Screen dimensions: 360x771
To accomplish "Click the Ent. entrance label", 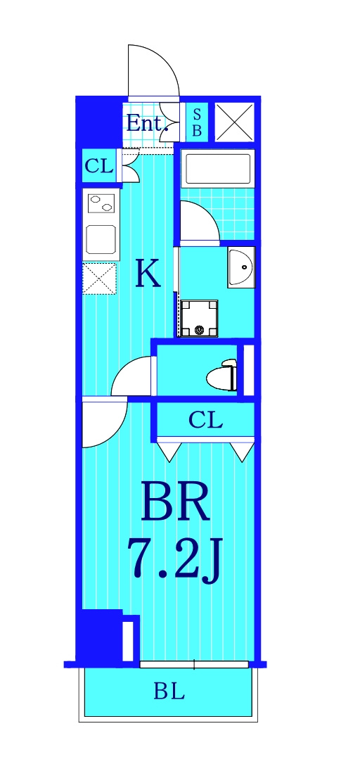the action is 147,123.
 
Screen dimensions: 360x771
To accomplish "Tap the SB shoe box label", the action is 197,123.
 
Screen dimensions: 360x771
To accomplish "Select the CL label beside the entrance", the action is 99,167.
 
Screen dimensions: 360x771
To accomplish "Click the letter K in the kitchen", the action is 148,275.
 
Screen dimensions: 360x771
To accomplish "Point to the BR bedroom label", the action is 176,501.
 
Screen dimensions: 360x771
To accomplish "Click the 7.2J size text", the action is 175,559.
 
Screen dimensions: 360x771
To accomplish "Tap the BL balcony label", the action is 169,692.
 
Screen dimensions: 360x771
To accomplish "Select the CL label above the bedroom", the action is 205,421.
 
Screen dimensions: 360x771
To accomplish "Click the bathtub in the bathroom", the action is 217,168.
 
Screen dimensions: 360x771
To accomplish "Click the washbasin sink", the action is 241,267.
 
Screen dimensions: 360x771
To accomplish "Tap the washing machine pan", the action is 199,319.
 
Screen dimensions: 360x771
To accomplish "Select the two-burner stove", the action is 101,203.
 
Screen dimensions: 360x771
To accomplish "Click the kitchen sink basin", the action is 101,239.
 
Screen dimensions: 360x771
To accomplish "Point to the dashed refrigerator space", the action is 99,279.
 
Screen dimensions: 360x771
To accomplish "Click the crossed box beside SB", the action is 235,122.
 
